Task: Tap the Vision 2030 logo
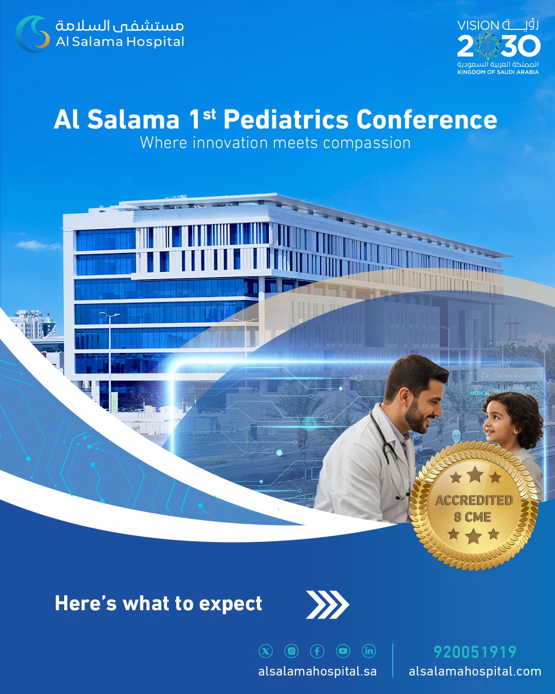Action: click(498, 47)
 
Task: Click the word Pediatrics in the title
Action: click(286, 120)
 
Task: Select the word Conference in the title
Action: click(427, 120)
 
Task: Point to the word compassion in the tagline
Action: click(367, 143)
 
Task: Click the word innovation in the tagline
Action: click(230, 142)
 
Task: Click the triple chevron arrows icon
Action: click(327, 605)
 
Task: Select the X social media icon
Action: click(265, 651)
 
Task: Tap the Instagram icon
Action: click(291, 651)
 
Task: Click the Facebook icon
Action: click(317, 651)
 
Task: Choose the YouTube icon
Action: click(343, 651)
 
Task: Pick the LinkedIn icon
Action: click(368, 651)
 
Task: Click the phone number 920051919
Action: click(475, 652)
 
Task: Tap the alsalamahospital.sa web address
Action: click(318, 671)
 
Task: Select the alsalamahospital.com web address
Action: click(475, 671)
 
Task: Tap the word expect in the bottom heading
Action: click(230, 604)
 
